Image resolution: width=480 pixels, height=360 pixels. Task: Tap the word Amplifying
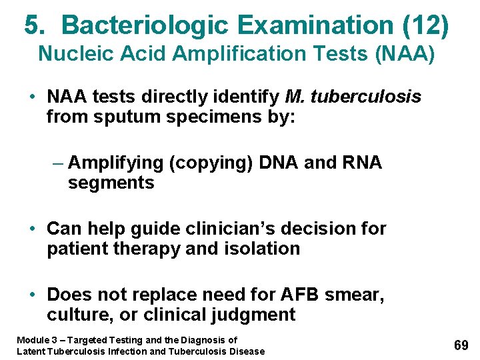(x=115, y=163)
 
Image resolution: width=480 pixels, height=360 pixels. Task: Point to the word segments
(x=111, y=183)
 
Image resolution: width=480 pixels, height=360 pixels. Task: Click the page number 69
(x=461, y=345)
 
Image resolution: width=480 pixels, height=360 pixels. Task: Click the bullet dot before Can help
(x=32, y=229)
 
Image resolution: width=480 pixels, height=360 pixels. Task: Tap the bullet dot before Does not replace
(x=32, y=294)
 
